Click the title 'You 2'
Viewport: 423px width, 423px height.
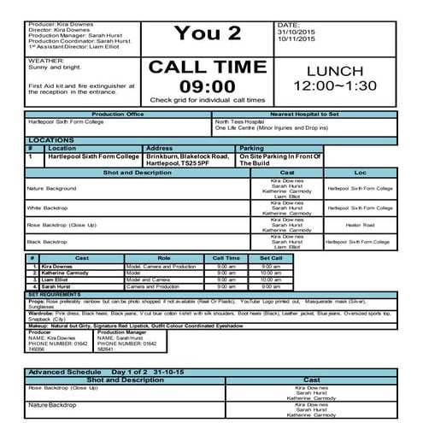208,33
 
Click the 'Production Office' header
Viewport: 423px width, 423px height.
120,114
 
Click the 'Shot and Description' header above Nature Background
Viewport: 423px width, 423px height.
136,172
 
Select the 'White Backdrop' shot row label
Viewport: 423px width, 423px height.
46,208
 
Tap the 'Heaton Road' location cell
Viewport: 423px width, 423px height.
359,226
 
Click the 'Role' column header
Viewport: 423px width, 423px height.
164,257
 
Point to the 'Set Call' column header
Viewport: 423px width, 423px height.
270,257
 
